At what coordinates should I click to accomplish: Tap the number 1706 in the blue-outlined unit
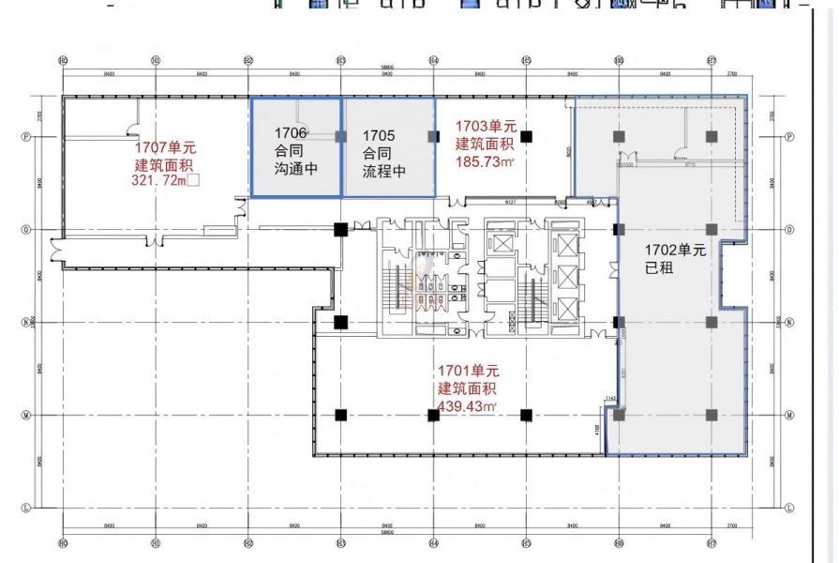click(x=291, y=132)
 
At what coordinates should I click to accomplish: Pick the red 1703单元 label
click(x=486, y=126)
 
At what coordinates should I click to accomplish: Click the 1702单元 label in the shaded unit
click(x=674, y=251)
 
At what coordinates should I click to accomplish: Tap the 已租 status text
click(x=659, y=268)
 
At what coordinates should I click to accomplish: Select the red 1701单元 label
click(x=467, y=372)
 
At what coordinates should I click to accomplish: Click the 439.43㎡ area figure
click(x=467, y=406)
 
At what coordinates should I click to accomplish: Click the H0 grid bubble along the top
click(x=63, y=60)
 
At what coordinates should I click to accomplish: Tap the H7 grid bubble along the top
click(x=712, y=60)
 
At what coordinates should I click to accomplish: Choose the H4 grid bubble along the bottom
click(x=434, y=541)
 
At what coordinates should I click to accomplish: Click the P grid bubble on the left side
click(x=26, y=136)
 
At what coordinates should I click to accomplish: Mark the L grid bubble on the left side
click(x=26, y=508)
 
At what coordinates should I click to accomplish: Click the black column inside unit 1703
click(x=526, y=136)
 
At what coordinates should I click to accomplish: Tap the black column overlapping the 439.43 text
click(x=434, y=415)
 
